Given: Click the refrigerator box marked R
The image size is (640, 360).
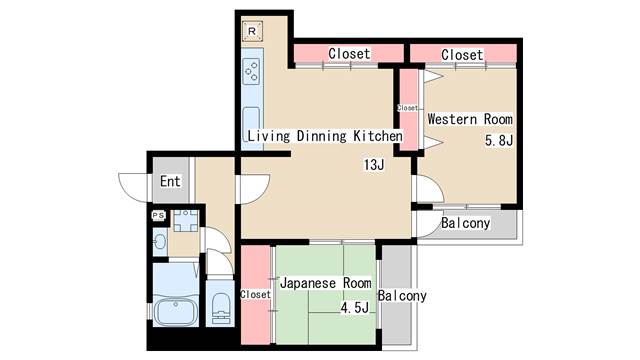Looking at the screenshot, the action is [x=252, y=31].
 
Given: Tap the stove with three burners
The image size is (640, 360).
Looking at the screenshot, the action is [x=251, y=71].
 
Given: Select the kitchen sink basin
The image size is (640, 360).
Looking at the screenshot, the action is [x=251, y=122].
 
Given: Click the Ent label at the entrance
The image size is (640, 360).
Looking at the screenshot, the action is [x=170, y=181].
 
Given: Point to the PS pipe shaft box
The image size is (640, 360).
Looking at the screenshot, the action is [x=158, y=216].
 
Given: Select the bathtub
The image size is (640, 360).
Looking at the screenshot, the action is [x=176, y=311].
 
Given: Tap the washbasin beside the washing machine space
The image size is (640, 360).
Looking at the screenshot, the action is [x=160, y=242].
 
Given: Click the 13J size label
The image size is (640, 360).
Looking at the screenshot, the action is [x=374, y=164].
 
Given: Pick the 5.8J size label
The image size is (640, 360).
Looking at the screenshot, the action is [x=499, y=140].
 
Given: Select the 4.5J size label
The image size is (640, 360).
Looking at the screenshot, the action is [x=355, y=307].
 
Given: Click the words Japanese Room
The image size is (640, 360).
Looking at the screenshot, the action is [x=326, y=283].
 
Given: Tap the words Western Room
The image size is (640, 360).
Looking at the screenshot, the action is [x=470, y=119].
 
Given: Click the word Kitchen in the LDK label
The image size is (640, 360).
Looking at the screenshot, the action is [x=378, y=136].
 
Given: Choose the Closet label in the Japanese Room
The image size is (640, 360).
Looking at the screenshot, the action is [x=255, y=294].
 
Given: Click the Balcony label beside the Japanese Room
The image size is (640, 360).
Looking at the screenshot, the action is [x=402, y=296].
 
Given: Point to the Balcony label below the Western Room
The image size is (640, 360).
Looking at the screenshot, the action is [x=465, y=223].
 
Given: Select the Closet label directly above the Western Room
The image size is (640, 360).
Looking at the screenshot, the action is [x=462, y=55].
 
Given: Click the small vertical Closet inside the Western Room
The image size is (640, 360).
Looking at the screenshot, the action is [x=408, y=109].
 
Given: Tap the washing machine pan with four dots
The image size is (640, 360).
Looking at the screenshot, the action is [x=186, y=221].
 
